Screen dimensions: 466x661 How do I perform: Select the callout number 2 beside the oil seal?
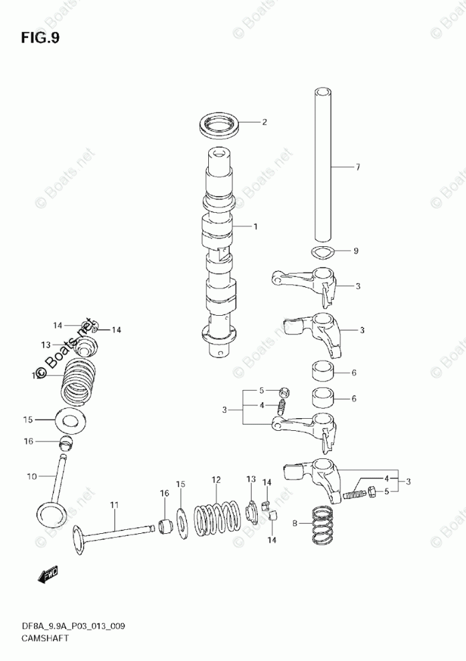[x=264, y=122]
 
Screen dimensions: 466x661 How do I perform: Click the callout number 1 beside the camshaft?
[x=255, y=227]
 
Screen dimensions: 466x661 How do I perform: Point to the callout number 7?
[x=358, y=167]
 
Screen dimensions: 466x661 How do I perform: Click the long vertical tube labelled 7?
[x=324, y=164]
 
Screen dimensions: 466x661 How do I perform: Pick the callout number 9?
[x=356, y=252]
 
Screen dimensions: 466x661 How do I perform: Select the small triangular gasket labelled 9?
[x=323, y=252]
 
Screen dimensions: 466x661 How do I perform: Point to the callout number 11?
[x=114, y=506]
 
